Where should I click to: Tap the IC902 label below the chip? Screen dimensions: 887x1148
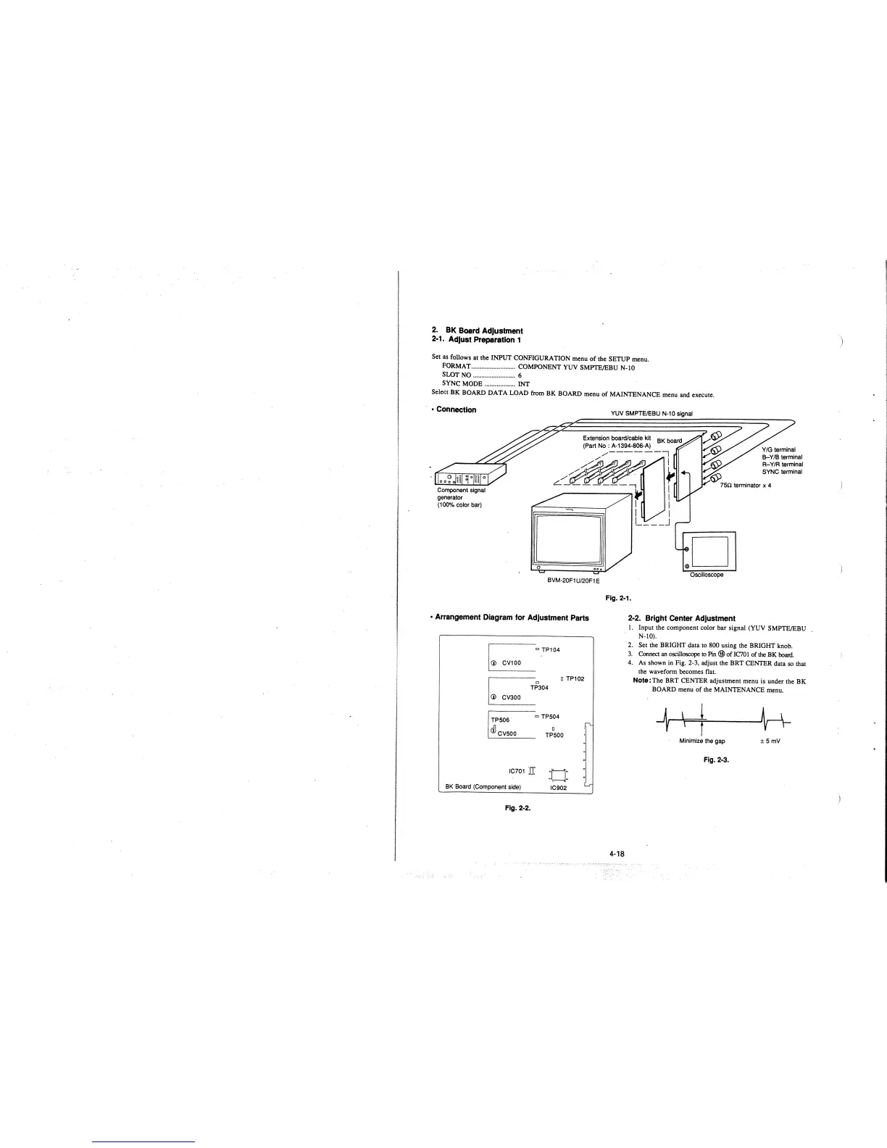[x=558, y=788]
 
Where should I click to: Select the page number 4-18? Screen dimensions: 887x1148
[x=617, y=854]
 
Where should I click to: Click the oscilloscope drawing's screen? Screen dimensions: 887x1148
[x=713, y=550]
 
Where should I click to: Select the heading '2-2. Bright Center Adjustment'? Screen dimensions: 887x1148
[x=681, y=618]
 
